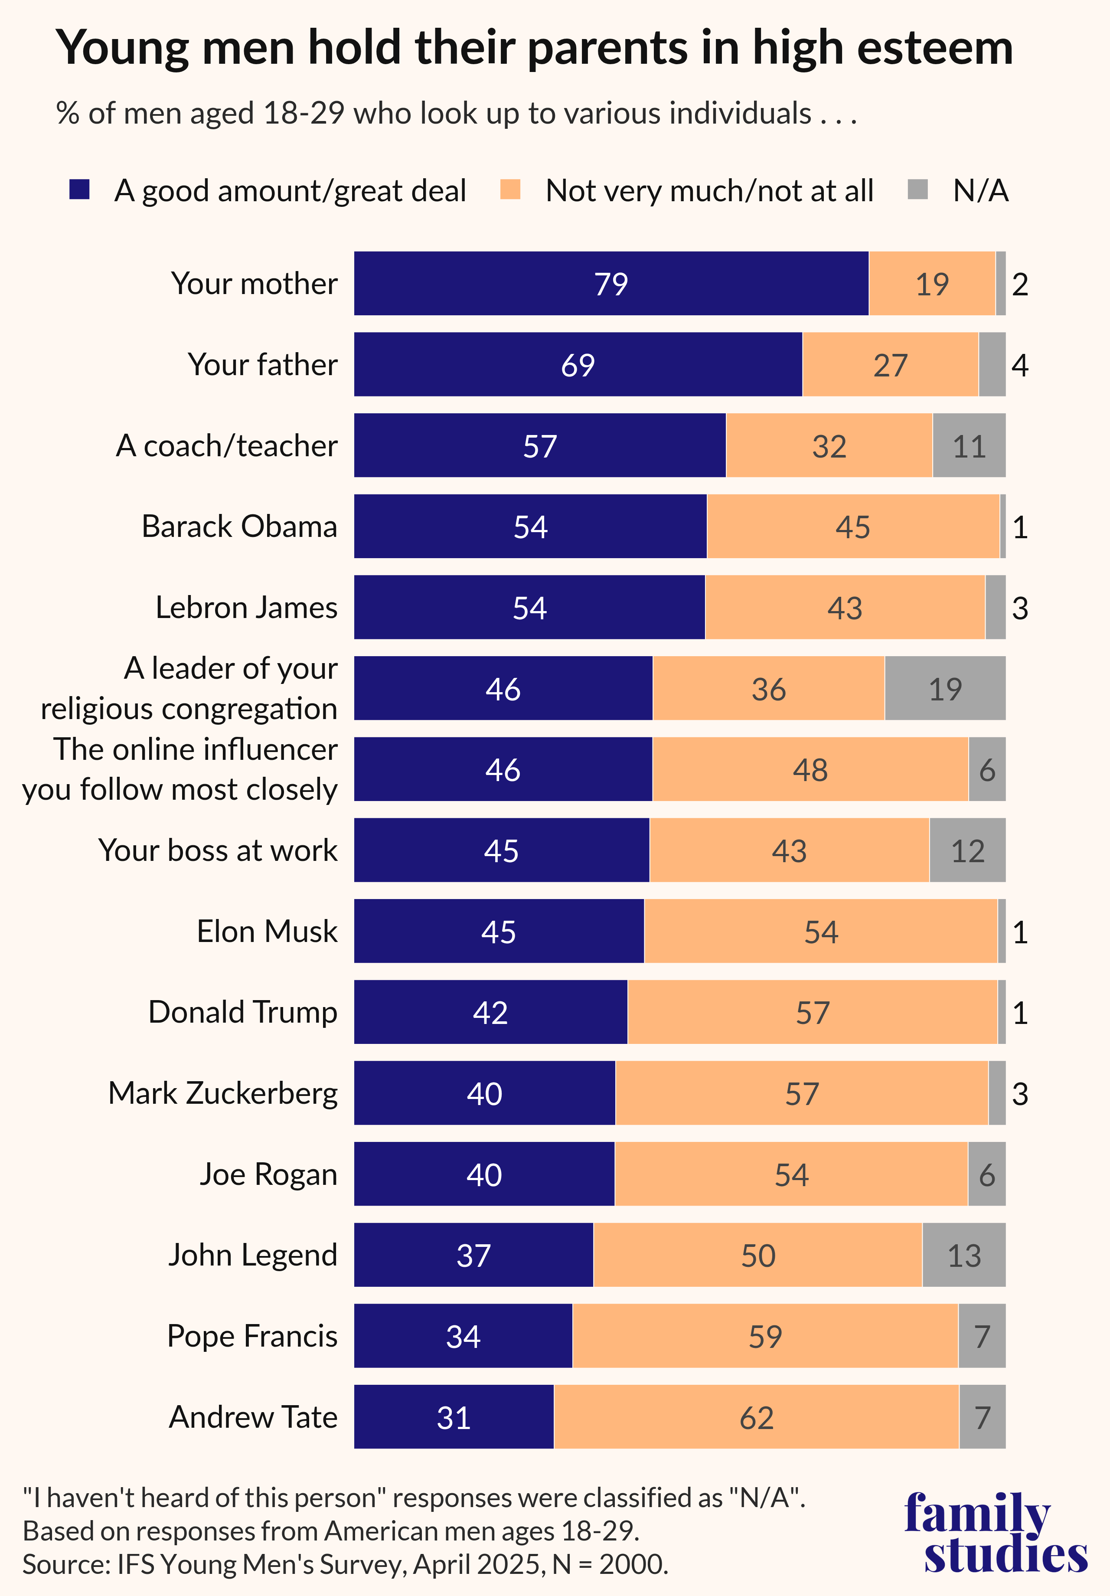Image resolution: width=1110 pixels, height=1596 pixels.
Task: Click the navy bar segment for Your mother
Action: coord(611,284)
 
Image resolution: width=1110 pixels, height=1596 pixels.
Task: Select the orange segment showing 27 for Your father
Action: coord(890,365)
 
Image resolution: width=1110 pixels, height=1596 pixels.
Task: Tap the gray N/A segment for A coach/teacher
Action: coord(969,445)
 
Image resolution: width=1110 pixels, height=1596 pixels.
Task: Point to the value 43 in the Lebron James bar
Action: coord(845,608)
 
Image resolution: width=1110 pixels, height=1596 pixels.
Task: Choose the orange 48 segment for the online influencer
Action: coord(810,769)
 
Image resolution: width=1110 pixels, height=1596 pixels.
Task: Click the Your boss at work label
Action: coord(218,850)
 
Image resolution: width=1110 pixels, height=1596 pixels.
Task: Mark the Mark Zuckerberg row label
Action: coord(222,1093)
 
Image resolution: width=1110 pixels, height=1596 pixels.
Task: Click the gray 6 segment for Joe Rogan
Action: coord(986,1174)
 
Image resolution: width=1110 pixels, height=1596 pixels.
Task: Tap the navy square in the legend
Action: coord(80,190)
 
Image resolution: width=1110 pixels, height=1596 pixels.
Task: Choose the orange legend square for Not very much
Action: coord(510,190)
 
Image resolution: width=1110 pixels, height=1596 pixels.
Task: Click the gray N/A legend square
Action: coord(918,190)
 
